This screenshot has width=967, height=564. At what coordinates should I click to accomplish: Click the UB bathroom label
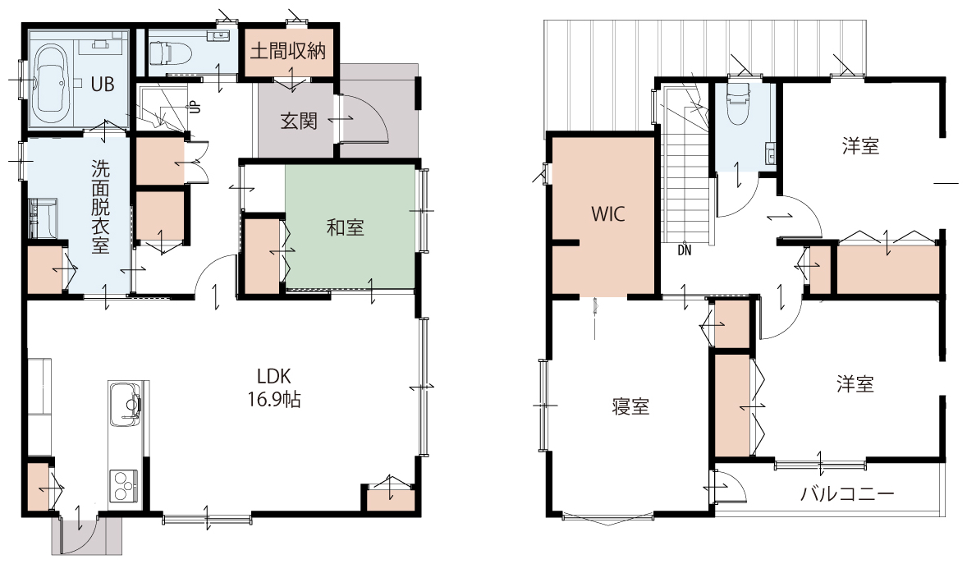click(x=103, y=83)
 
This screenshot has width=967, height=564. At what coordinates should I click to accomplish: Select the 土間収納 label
click(x=288, y=51)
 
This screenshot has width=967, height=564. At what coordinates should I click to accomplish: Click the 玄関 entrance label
click(x=299, y=121)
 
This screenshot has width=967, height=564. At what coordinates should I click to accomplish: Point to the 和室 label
click(x=346, y=227)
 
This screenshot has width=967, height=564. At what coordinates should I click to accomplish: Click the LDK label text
click(x=274, y=377)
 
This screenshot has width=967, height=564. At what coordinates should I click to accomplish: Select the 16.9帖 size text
click(x=274, y=400)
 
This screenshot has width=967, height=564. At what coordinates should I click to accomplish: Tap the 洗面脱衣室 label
click(x=100, y=207)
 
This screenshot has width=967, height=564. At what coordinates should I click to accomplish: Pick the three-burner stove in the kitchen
click(x=126, y=485)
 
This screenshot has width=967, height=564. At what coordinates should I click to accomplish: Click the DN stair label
click(x=685, y=250)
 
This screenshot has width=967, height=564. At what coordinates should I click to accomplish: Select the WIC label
click(x=608, y=214)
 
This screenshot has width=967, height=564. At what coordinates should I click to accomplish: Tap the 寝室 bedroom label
click(x=631, y=406)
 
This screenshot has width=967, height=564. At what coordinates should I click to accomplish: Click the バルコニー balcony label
click(x=847, y=493)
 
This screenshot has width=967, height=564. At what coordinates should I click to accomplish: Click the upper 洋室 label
click(x=861, y=146)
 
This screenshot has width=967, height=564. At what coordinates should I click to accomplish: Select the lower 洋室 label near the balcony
click(x=855, y=384)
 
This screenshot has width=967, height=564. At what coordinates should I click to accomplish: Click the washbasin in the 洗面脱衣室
click(x=42, y=218)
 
